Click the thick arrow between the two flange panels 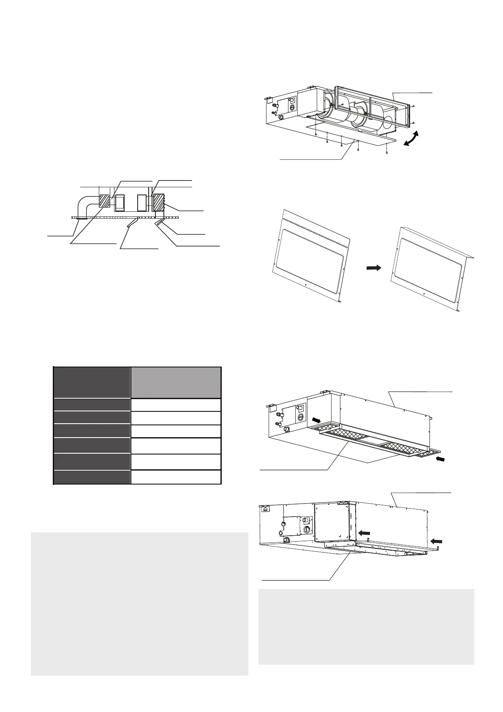click(373, 268)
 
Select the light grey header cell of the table click(176, 382)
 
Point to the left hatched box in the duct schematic click(104, 200)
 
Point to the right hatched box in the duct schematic click(159, 203)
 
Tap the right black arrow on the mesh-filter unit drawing click(440, 459)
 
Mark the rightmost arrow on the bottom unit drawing click(437, 540)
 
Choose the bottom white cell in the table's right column click(176, 477)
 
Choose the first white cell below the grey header click(176, 405)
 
